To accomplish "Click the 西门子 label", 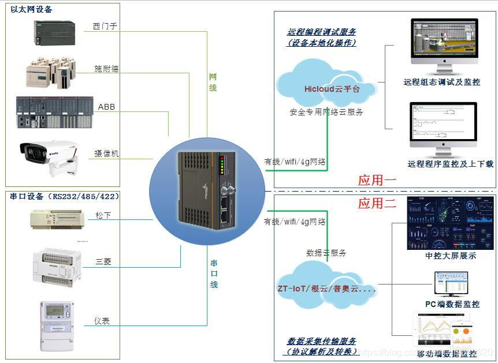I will (105, 27).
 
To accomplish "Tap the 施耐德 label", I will (106, 69).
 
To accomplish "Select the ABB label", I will (106, 107).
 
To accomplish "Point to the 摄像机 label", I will (106, 154).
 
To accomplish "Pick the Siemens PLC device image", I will (54, 32).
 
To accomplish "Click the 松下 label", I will (103, 215).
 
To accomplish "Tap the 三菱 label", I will (103, 261).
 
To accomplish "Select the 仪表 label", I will (102, 321).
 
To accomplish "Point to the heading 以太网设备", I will (31, 9).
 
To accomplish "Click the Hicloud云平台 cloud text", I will (332, 89).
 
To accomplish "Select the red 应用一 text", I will (377, 180).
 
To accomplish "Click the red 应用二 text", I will (377, 203).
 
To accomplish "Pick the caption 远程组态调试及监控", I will (442, 83).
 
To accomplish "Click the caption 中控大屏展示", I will (451, 256).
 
